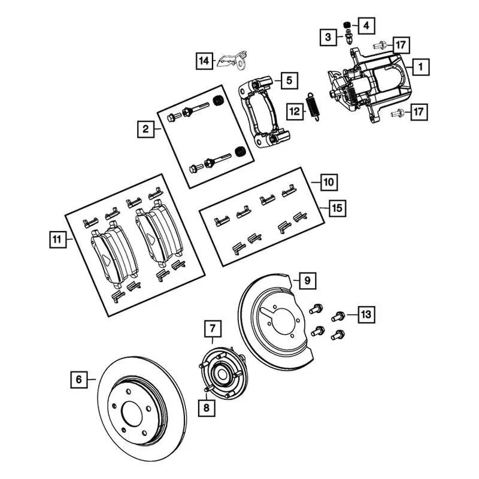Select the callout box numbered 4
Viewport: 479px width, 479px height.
(x=366, y=25)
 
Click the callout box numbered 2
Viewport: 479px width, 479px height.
(x=145, y=128)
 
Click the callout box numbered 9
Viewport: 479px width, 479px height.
(x=305, y=280)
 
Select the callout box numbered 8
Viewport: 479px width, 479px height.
(x=207, y=408)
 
